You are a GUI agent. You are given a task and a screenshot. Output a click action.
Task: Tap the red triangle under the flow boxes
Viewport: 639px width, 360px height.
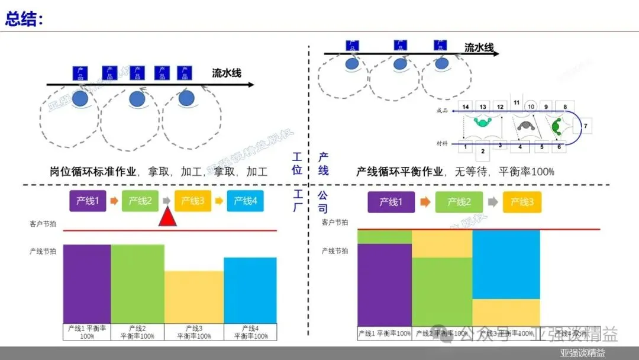click(x=168, y=217)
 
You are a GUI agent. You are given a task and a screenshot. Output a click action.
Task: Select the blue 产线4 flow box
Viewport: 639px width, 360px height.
click(x=246, y=201)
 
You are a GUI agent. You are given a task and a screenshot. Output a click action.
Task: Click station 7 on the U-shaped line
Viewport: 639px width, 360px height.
click(x=584, y=126)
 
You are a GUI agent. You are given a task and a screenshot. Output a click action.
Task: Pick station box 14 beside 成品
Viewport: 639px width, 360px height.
click(x=466, y=107)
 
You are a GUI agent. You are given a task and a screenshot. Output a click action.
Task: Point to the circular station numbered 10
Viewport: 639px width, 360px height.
click(x=531, y=107)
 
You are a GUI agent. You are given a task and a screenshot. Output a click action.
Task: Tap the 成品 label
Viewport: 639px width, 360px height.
click(x=442, y=110)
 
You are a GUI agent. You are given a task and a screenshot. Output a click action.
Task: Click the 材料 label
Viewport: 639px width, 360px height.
click(x=442, y=144)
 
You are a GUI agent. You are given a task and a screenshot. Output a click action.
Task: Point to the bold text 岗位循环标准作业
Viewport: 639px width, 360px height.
click(x=93, y=172)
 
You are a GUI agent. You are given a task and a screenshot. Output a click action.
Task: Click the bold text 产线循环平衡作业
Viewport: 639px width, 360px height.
click(x=399, y=172)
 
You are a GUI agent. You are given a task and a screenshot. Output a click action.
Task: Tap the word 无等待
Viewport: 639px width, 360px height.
click(x=471, y=172)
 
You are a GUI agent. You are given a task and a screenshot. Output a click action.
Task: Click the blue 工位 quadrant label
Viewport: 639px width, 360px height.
click(x=297, y=164)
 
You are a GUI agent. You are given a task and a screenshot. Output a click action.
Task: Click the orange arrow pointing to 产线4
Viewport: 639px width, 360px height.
click(x=218, y=201)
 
